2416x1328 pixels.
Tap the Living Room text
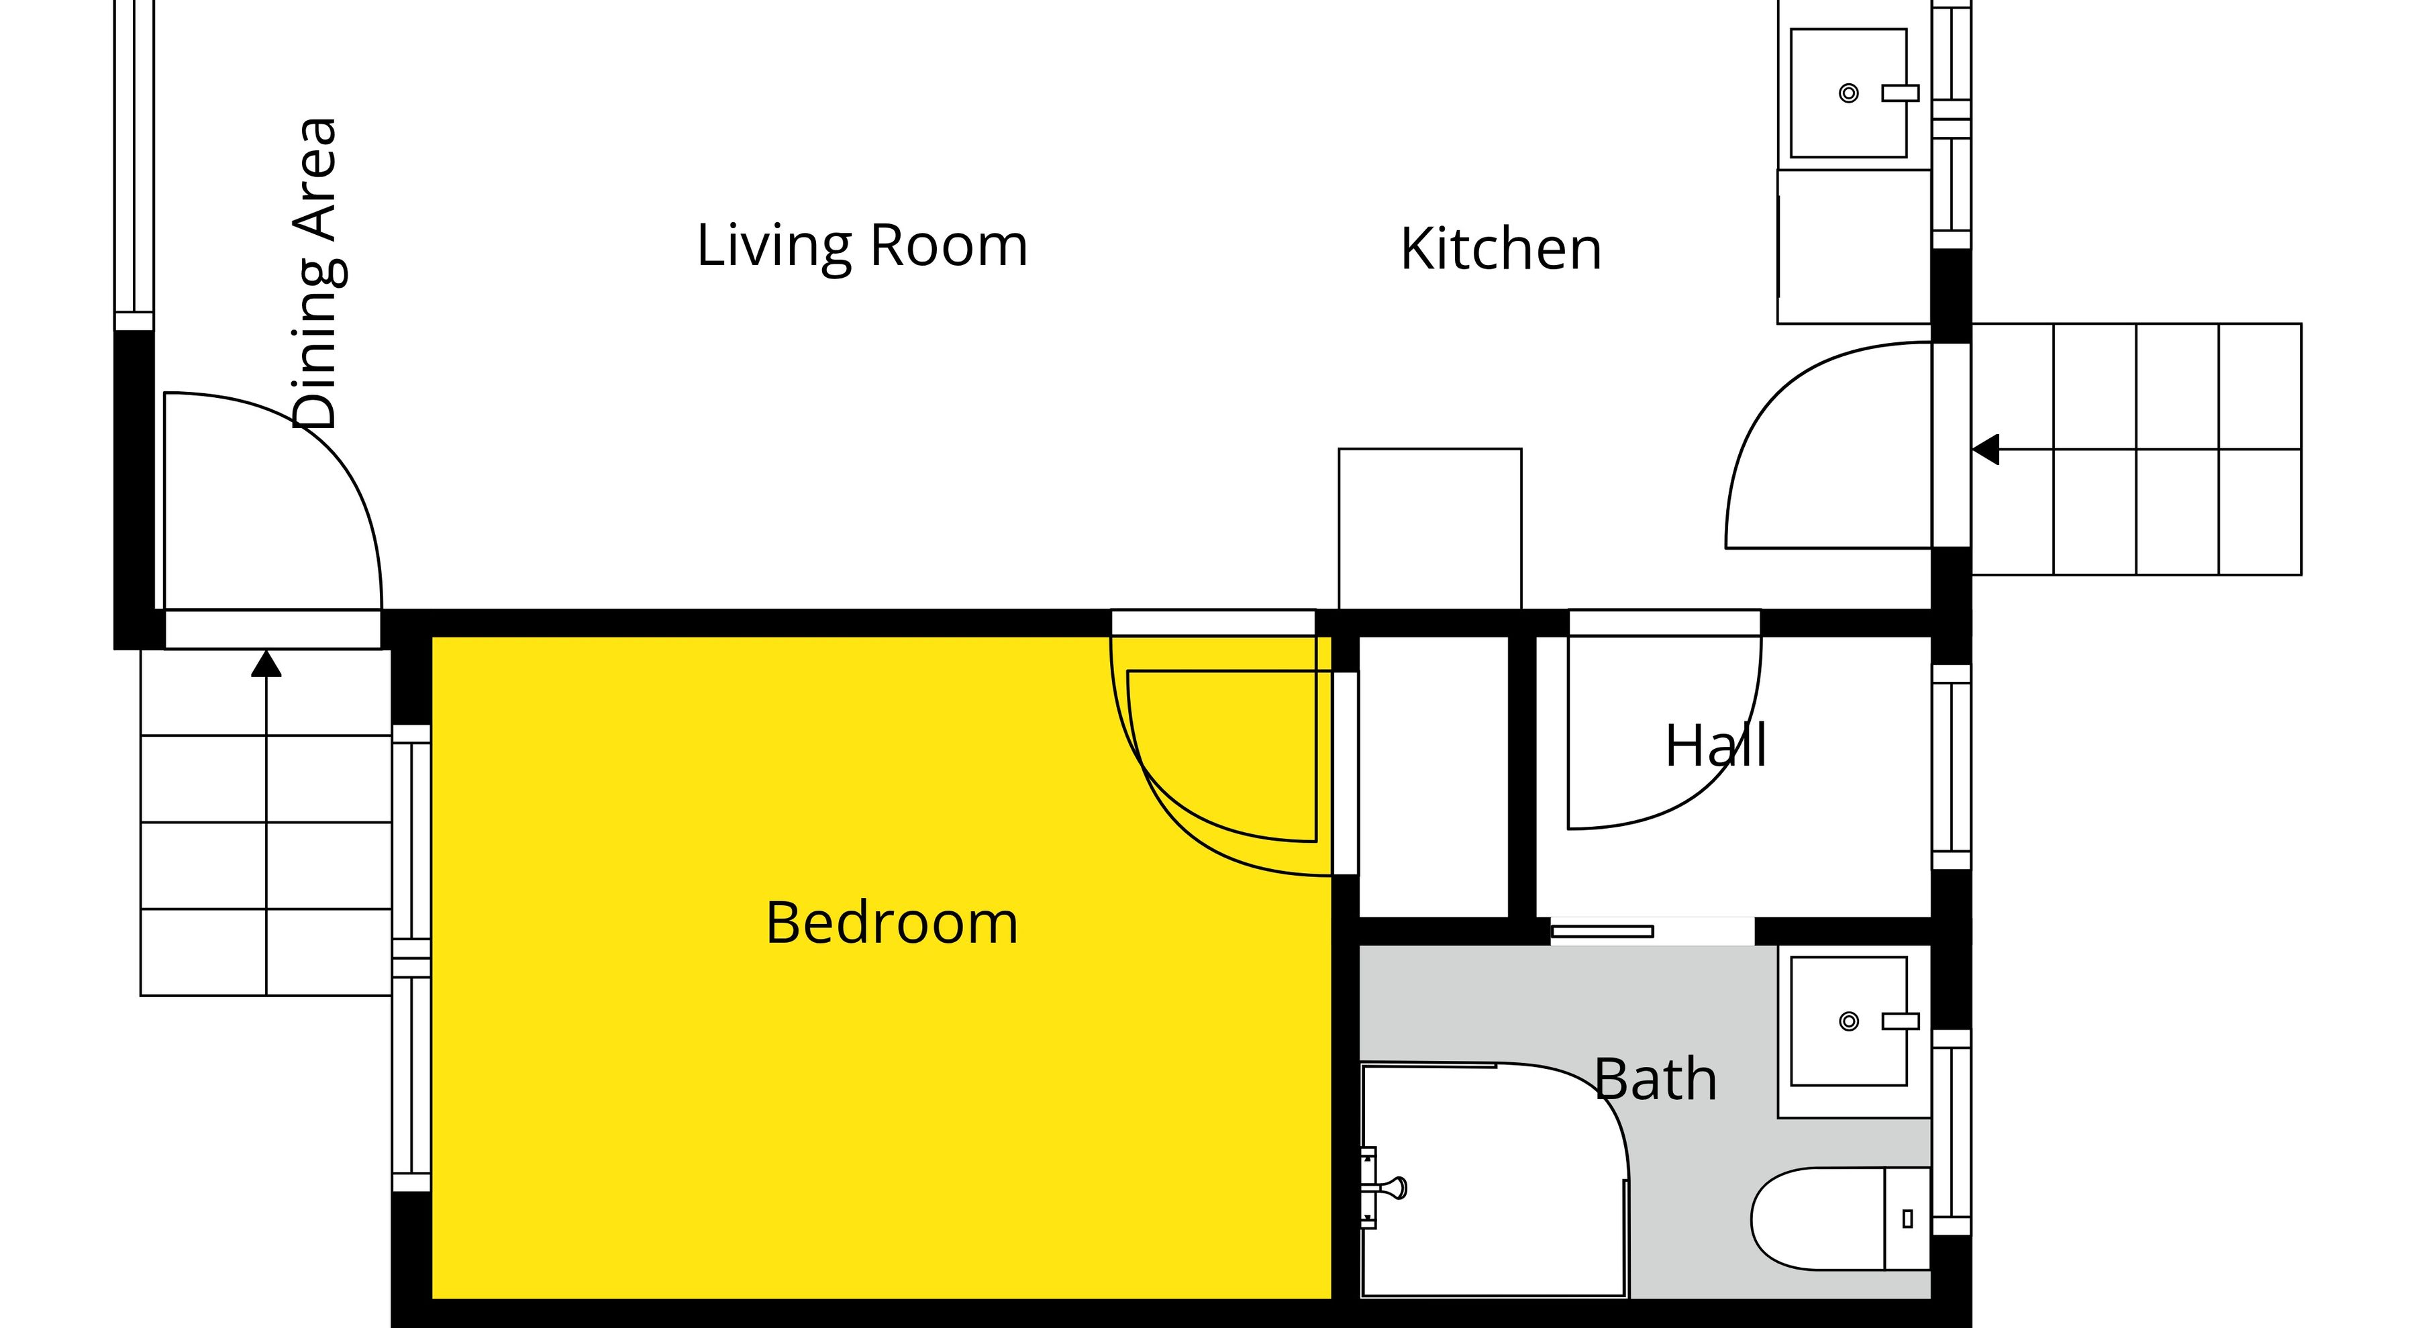(862, 247)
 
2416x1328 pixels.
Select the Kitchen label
(1501, 250)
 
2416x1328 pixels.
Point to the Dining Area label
(315, 274)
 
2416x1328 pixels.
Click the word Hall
(1716, 746)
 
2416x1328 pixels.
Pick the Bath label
(1656, 1080)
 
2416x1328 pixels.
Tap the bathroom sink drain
(1849, 1021)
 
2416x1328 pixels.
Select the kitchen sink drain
(1849, 93)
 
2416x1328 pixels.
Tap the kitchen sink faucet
(1900, 93)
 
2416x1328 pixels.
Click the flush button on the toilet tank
(1907, 1218)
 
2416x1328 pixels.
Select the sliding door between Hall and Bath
(1602, 931)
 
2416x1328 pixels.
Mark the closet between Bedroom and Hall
(1433, 776)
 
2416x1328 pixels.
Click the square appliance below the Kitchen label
(1429, 529)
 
